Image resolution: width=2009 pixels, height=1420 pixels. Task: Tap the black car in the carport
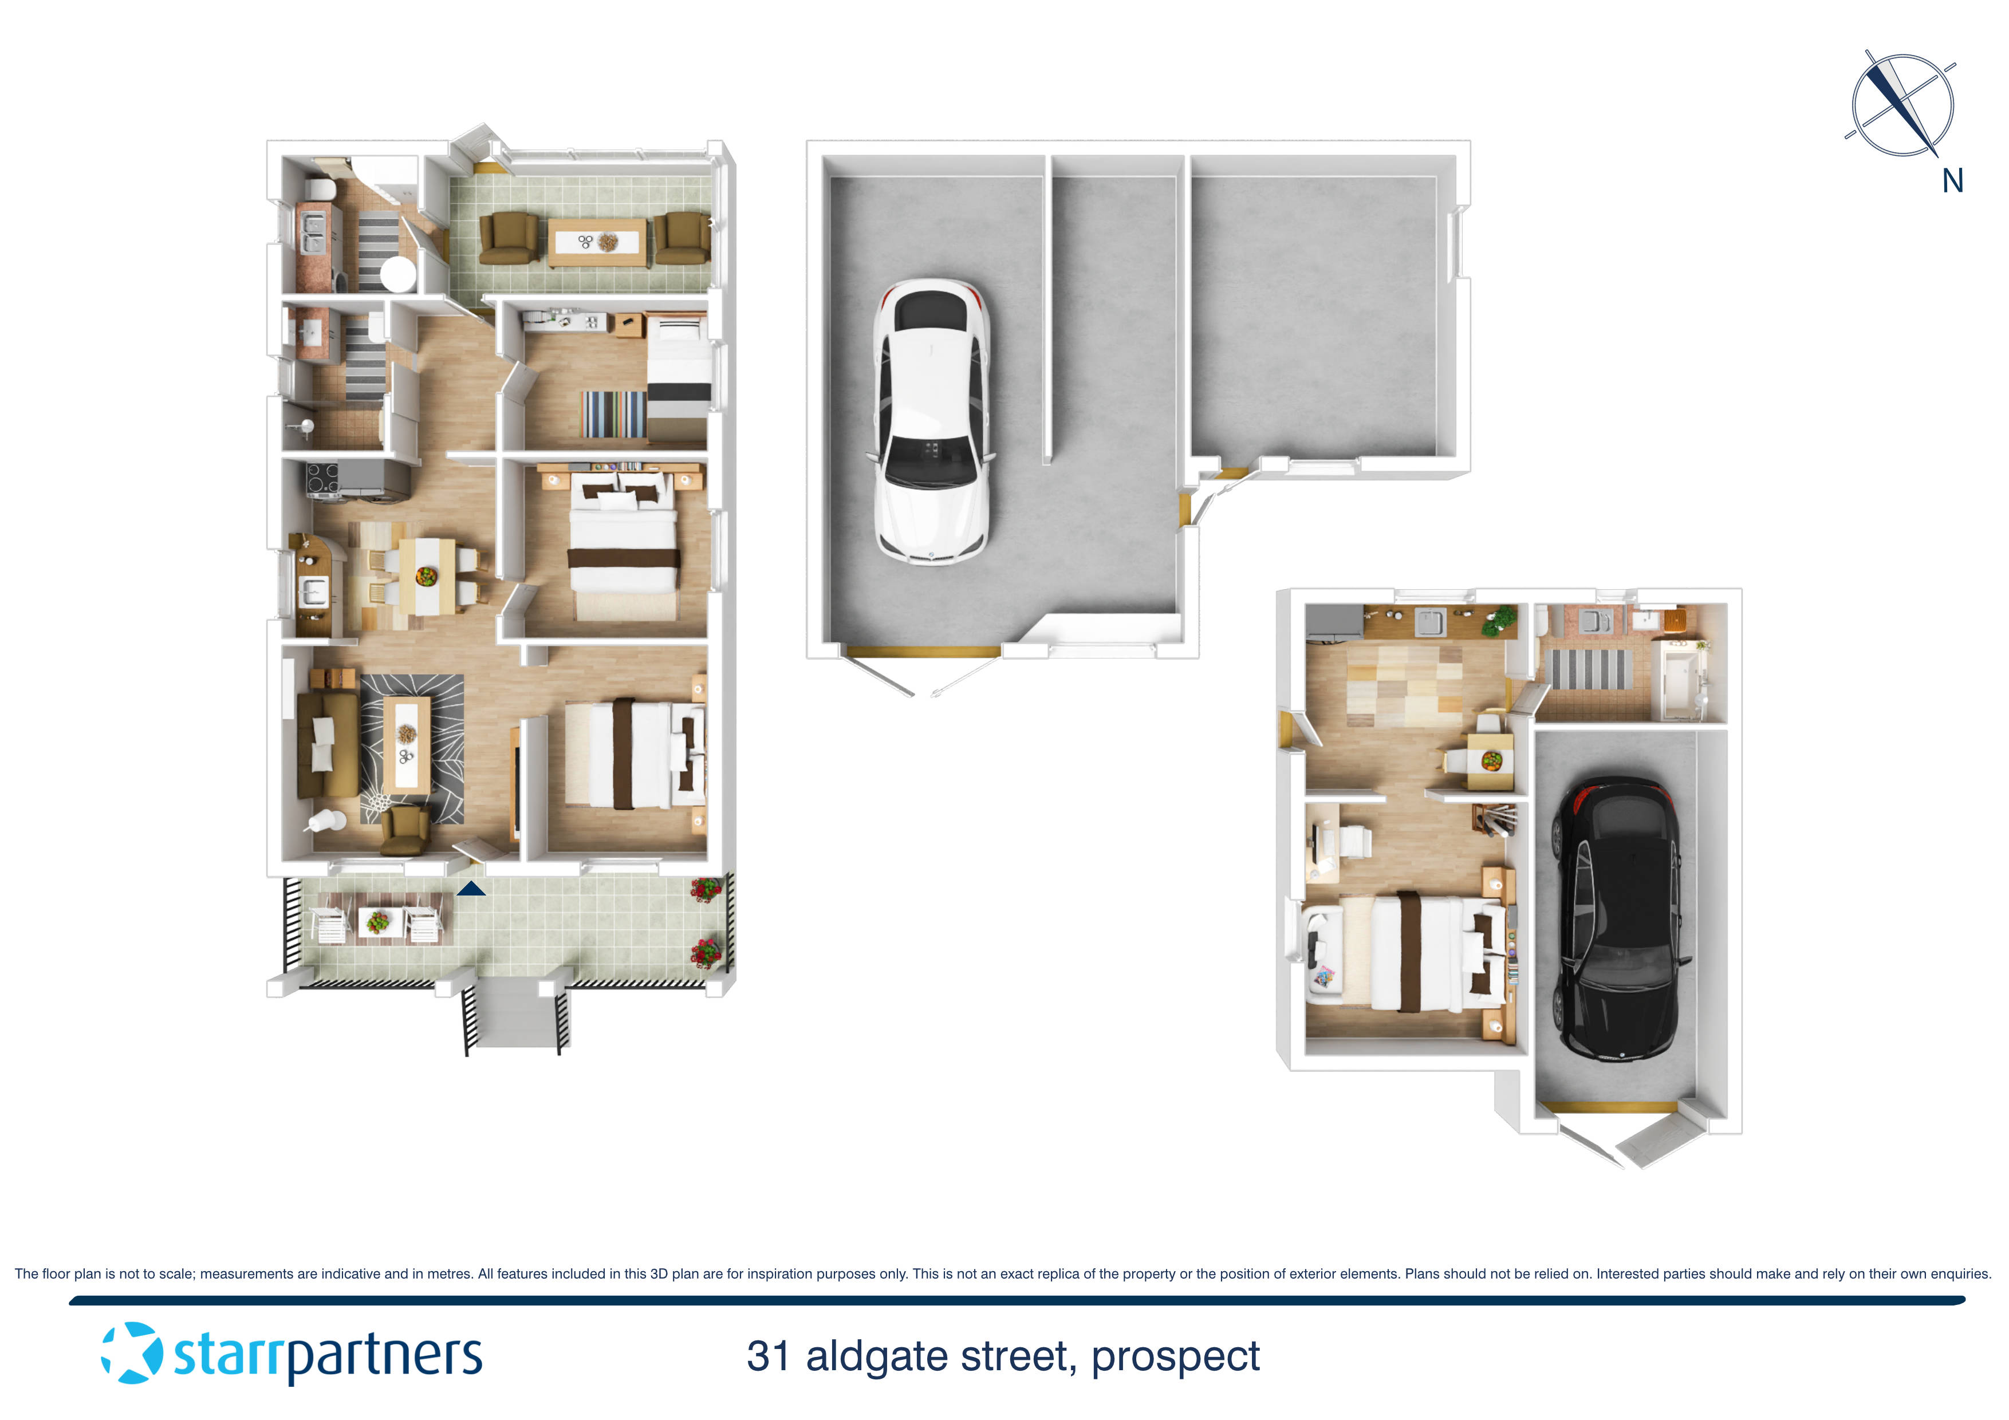click(1617, 918)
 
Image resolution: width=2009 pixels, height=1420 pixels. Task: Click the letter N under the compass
click(1952, 181)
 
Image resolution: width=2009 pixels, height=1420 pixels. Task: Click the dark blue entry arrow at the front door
click(471, 889)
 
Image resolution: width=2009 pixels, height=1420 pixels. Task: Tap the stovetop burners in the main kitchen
click(322, 479)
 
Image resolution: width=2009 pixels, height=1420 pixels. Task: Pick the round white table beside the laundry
click(398, 274)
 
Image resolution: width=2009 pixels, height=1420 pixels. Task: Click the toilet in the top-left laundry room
click(320, 190)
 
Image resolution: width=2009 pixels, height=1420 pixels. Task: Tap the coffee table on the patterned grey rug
click(407, 744)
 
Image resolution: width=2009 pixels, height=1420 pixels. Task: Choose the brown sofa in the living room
click(326, 744)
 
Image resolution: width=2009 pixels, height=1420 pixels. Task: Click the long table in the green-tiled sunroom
click(598, 242)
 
